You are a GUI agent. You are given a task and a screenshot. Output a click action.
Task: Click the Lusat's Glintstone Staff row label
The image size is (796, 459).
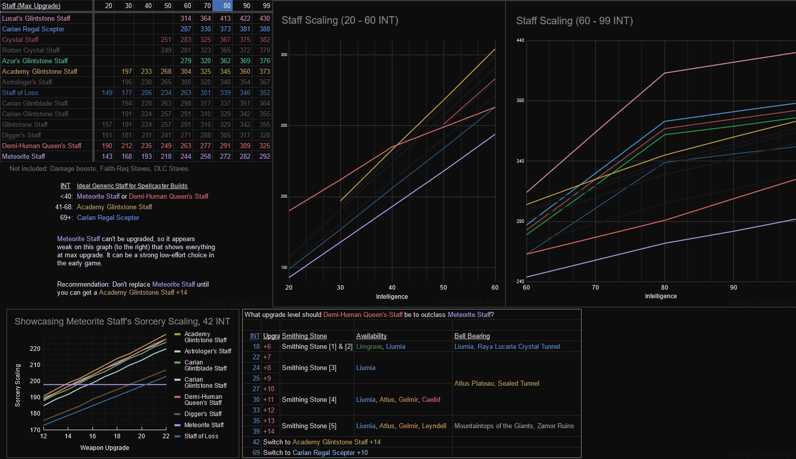[36, 18]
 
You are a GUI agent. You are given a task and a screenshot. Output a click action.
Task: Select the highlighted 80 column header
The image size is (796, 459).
[227, 6]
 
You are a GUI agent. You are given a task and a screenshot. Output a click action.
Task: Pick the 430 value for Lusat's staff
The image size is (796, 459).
[264, 18]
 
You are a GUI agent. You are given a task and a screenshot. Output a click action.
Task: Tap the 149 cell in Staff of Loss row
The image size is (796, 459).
[107, 93]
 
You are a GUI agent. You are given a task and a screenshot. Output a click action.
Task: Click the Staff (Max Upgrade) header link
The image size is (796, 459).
[31, 6]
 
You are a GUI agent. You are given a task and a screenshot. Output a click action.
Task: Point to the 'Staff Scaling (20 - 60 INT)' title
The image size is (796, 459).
[340, 20]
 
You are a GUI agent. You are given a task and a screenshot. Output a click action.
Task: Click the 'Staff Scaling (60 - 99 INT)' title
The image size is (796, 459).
[574, 21]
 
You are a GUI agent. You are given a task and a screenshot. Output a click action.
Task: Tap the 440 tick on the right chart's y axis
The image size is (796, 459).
[520, 40]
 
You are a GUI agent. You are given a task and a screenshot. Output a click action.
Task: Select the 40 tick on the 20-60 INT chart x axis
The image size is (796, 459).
[392, 287]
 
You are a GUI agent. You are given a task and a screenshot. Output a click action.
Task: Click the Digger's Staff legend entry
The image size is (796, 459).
[202, 414]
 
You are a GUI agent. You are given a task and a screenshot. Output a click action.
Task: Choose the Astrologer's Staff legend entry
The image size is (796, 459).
[207, 351]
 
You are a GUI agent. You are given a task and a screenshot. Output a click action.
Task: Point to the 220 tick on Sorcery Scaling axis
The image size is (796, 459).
[35, 349]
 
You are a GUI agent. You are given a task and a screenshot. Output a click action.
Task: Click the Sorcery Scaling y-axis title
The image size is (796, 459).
[18, 385]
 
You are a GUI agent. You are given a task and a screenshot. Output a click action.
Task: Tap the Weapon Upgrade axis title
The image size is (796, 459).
[105, 447]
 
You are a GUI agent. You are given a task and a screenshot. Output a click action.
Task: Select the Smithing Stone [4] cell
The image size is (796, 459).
[309, 399]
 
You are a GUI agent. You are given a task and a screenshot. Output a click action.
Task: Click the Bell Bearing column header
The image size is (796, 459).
[472, 336]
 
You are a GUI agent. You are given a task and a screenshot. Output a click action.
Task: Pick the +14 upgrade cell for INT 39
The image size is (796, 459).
[269, 431]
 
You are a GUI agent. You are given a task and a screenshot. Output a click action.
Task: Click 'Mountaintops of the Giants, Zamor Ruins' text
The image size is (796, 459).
[514, 426]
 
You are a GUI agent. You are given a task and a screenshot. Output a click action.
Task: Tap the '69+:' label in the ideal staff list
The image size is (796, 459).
[66, 217]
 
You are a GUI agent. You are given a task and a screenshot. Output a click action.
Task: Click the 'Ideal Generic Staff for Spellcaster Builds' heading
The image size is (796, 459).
[132, 186]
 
